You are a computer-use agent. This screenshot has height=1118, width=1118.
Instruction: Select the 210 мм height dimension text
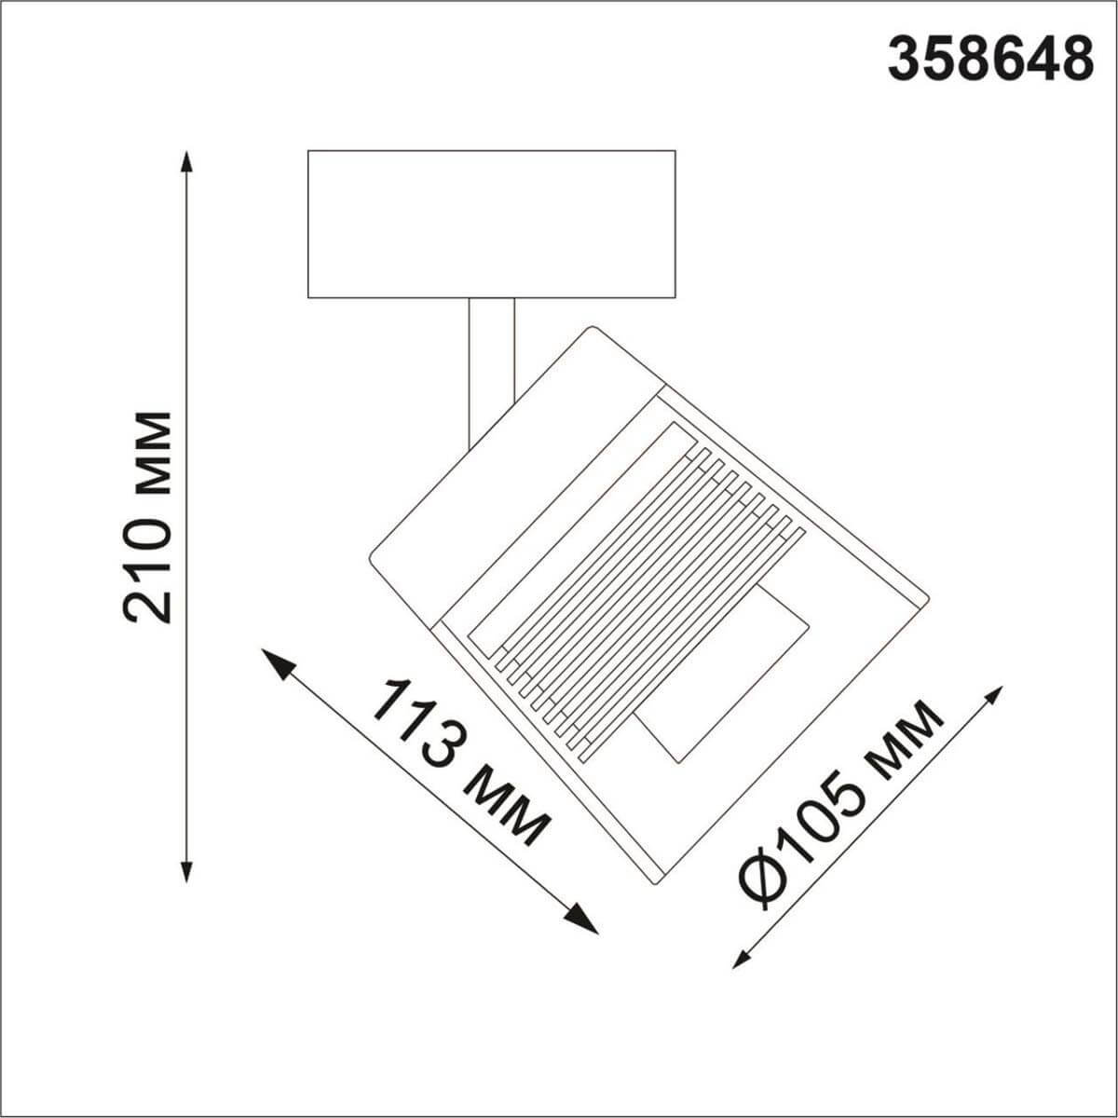pyautogui.click(x=148, y=516)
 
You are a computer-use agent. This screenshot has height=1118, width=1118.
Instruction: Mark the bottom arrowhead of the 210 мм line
pyautogui.click(x=187, y=870)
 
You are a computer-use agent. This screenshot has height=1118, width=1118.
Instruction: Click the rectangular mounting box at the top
pyautogui.click(x=491, y=224)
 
